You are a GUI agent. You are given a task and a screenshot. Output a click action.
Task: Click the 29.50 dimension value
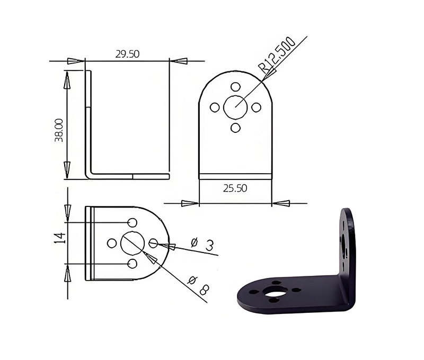click(x=127, y=54)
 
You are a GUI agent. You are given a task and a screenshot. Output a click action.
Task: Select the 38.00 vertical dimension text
click(x=59, y=130)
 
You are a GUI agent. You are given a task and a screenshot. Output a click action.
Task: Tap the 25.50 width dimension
click(x=235, y=188)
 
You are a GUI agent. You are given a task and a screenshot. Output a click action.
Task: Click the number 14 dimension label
click(x=60, y=238)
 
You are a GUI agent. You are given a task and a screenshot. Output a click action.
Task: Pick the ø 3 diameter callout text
click(x=202, y=244)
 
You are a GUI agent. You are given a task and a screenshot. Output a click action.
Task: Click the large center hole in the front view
click(x=235, y=107)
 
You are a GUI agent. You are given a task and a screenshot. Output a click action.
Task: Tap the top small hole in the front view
click(x=235, y=87)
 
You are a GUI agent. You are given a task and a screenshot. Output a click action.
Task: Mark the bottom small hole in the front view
click(x=236, y=128)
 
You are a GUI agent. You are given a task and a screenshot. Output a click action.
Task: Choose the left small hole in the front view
click(x=215, y=107)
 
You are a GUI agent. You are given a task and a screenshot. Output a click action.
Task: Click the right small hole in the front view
click(x=256, y=107)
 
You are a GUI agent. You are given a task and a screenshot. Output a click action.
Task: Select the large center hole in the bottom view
click(x=131, y=243)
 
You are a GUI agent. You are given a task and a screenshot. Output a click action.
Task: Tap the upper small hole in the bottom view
click(x=132, y=222)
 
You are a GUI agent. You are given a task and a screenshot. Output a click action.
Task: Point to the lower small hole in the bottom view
click(x=132, y=264)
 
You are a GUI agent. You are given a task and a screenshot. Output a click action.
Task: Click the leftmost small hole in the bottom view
click(x=112, y=243)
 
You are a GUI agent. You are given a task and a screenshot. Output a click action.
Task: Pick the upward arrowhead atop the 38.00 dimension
click(x=67, y=79)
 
